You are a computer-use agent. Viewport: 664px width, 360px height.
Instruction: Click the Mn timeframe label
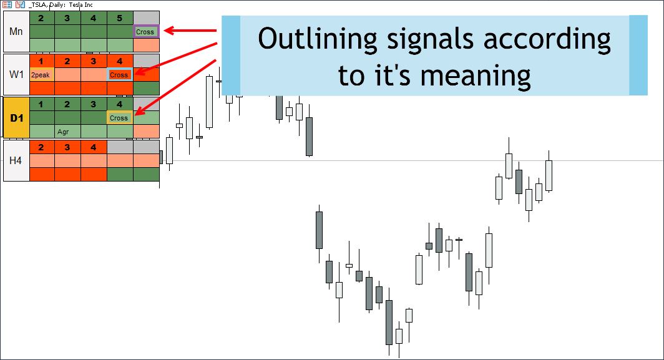pos(16,32)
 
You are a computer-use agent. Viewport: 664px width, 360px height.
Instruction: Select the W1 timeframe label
pos(16,74)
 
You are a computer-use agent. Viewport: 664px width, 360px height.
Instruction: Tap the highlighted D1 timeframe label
pos(16,118)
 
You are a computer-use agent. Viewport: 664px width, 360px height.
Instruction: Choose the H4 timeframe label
pos(16,160)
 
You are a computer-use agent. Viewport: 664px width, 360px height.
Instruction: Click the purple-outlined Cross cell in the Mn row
pos(146,32)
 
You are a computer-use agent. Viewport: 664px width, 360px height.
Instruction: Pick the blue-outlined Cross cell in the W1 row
pos(120,75)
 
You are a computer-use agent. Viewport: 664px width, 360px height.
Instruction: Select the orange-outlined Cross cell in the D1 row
pos(120,118)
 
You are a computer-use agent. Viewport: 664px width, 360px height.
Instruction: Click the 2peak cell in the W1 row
pos(41,75)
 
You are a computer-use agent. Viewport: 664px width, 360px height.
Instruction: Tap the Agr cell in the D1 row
pos(63,132)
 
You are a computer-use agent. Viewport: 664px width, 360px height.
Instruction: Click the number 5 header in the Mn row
pos(120,18)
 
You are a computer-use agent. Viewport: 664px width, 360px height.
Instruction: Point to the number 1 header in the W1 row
pos(41,61)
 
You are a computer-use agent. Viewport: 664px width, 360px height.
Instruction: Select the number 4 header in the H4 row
pos(94,147)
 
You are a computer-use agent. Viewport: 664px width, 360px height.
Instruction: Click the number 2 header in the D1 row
pos(67,104)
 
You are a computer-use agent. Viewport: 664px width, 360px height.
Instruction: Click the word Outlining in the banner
pos(317,39)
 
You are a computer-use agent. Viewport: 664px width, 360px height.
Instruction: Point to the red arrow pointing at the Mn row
pos(190,31)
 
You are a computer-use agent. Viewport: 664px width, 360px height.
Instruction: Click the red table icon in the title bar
pos(7,4)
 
